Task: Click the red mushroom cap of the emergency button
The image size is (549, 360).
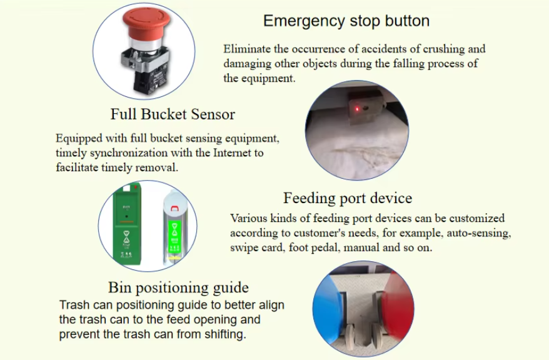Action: pos(146,27)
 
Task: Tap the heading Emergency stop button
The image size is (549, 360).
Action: pos(346,21)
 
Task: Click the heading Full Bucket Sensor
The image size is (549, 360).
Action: pos(173,114)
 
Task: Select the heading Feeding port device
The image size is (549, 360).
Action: pos(348,198)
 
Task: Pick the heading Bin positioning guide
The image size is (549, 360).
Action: pos(178,287)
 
